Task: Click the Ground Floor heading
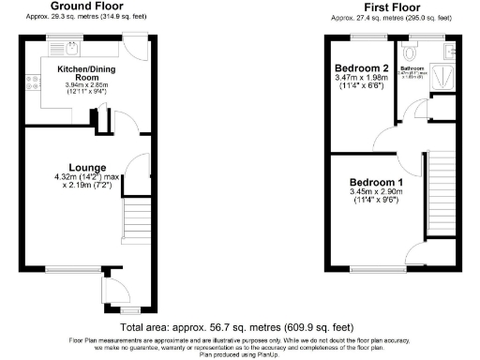[x=82, y=7]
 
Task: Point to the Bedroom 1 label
[x=376, y=182]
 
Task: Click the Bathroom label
[x=413, y=68]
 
